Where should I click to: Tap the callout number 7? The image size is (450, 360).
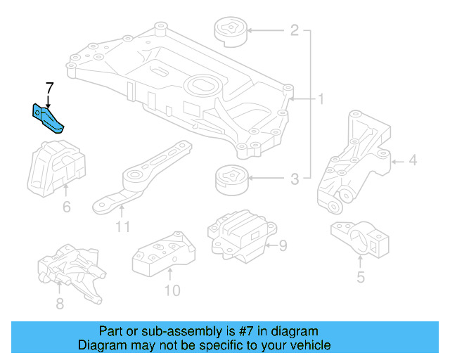click(x=49, y=89)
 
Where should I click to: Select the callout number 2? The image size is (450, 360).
click(x=294, y=30)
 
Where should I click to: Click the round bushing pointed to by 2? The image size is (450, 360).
click(x=229, y=32)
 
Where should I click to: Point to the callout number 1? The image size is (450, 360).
click(x=320, y=100)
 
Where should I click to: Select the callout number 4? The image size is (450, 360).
click(x=412, y=161)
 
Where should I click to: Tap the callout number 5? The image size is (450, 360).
click(x=360, y=277)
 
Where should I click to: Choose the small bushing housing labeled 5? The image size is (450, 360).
click(x=360, y=241)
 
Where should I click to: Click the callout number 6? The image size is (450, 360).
click(x=67, y=207)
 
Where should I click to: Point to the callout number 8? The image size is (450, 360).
click(x=60, y=304)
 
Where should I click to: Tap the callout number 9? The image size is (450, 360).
click(x=283, y=245)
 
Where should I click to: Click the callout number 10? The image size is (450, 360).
click(x=172, y=290)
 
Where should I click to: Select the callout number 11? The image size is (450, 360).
click(x=123, y=226)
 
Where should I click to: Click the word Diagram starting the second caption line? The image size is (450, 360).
click(x=102, y=345)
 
